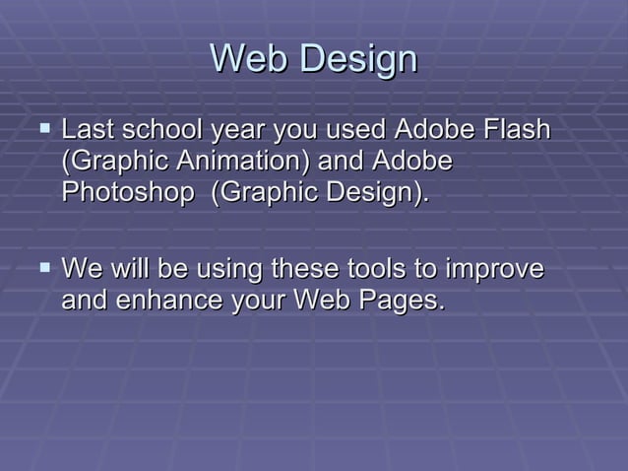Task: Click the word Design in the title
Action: pos(358,60)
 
